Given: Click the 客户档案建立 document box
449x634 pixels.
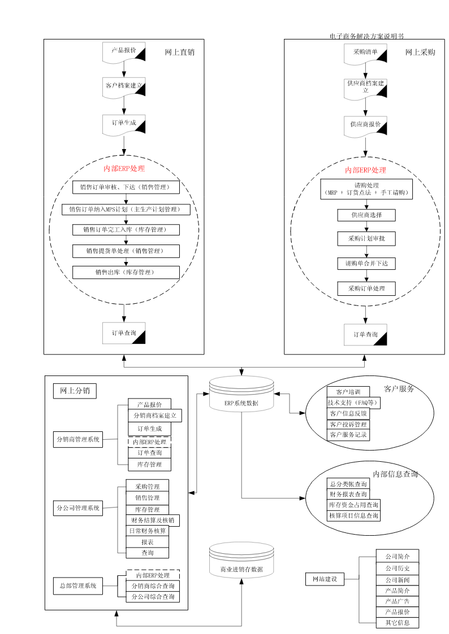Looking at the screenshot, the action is (124, 88).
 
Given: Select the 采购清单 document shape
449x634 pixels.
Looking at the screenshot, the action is (365, 54).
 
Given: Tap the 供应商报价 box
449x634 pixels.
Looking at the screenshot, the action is (365, 126).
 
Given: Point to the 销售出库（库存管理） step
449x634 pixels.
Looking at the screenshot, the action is (126, 272).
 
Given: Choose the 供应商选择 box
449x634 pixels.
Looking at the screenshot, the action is (366, 215).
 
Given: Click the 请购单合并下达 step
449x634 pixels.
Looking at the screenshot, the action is (366, 264).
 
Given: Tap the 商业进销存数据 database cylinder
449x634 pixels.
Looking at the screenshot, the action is (241, 559).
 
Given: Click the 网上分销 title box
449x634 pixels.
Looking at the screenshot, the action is (75, 391).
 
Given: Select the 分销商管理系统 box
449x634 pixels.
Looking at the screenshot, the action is (77, 440).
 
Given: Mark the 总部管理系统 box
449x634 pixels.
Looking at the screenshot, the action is (77, 586).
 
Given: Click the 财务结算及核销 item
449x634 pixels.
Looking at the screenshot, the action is (153, 521).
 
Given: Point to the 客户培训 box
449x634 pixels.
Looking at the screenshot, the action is (348, 392).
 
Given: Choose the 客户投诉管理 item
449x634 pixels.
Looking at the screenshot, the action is (348, 425).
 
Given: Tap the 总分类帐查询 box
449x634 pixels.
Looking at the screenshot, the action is (348, 484).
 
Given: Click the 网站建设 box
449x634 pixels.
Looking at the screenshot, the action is (325, 579).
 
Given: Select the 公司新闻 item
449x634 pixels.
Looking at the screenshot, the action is (398, 580).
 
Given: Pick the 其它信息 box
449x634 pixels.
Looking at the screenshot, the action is (398, 623).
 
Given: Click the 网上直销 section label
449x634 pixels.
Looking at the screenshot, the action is (180, 52).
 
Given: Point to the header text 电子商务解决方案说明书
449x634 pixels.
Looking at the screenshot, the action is (366, 36).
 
